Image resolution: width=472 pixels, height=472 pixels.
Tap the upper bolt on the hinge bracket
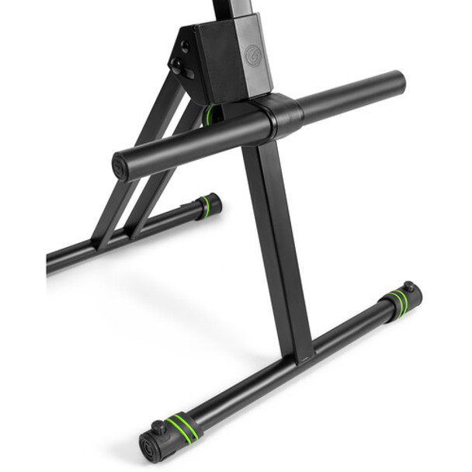tap(185, 48)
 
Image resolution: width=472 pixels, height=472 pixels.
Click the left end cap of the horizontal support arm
tap(121, 168)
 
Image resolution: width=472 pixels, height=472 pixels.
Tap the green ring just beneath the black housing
tap(211, 115)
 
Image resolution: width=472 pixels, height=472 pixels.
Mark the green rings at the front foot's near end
tap(182, 425)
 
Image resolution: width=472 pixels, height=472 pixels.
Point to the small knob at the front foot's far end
tap(408, 286)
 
